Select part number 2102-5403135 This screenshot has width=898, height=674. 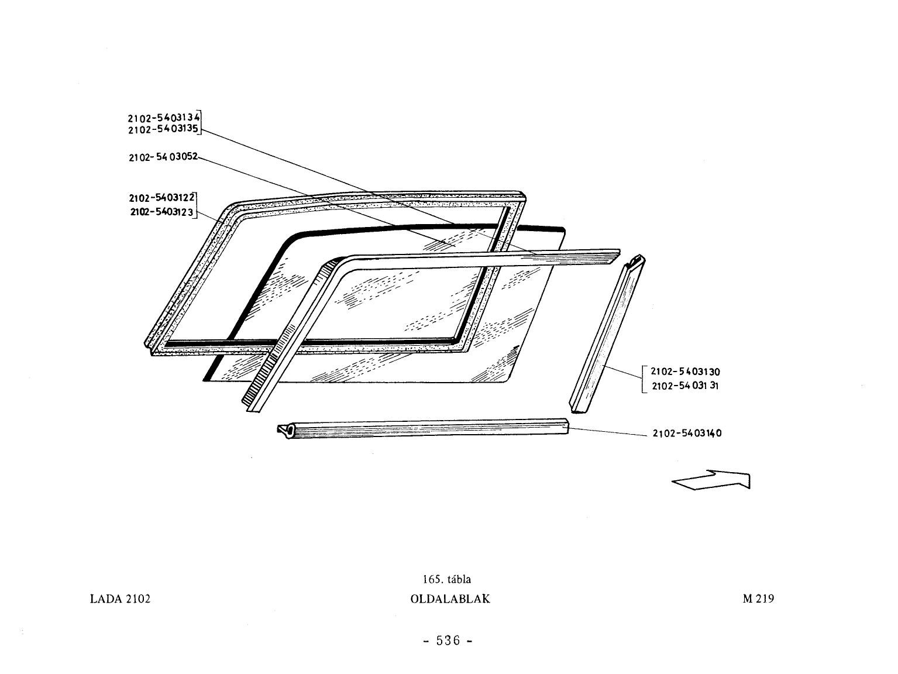tap(163, 129)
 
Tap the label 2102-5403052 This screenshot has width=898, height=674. tap(163, 157)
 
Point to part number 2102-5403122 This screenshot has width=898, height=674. tap(162, 198)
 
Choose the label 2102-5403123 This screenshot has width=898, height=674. tap(162, 212)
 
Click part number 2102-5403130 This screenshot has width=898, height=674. tap(685, 372)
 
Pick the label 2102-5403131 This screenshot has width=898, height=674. tap(685, 386)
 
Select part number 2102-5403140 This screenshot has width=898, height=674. tap(687, 433)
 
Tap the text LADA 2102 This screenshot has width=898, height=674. tap(121, 599)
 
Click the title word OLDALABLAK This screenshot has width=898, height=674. tap(450, 599)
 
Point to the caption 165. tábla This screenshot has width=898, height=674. tap(447, 579)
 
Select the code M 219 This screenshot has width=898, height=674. tap(759, 599)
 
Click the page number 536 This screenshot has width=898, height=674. tap(448, 641)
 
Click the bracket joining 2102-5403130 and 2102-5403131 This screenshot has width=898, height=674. tap(643, 379)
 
